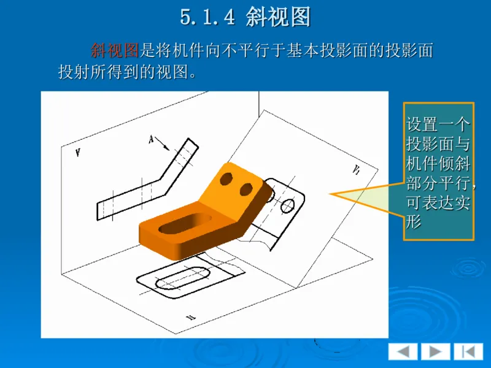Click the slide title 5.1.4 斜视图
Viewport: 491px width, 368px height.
click(x=245, y=17)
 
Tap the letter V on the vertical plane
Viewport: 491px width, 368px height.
click(x=77, y=153)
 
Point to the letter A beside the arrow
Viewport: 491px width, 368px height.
click(x=151, y=139)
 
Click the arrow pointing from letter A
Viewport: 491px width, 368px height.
click(x=163, y=145)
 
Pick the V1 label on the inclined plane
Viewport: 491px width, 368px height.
click(x=356, y=170)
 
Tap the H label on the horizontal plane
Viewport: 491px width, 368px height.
click(x=191, y=316)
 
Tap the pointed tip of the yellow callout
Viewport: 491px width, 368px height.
click(x=331, y=195)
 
